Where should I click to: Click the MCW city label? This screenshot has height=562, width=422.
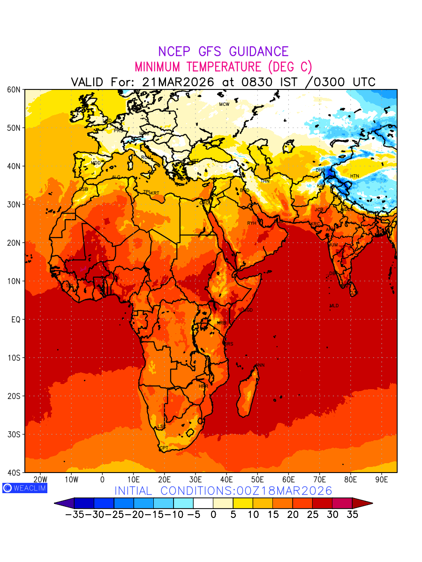[x=224, y=104]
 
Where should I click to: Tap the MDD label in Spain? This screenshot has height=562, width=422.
[x=96, y=163]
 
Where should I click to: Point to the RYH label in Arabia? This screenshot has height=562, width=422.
[x=252, y=223]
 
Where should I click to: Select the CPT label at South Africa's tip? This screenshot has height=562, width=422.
[x=164, y=448]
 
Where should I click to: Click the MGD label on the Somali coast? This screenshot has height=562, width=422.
[x=248, y=310]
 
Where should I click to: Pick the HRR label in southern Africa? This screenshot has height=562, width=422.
[x=203, y=386]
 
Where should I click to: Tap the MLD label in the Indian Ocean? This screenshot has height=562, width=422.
[x=334, y=306]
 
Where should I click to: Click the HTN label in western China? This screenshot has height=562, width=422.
[x=354, y=176]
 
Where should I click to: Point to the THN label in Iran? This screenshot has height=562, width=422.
[x=265, y=181]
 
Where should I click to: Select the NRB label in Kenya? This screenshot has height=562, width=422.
[x=221, y=323]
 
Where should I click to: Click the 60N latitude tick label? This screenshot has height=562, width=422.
[x=14, y=89]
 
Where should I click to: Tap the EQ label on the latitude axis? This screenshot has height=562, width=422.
[x=15, y=319]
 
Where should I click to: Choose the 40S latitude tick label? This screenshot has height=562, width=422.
[x=14, y=473]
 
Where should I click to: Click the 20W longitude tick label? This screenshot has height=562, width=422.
[x=40, y=480]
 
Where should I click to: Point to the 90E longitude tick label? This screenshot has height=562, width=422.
[x=382, y=480]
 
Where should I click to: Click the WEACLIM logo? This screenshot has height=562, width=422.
[x=24, y=488]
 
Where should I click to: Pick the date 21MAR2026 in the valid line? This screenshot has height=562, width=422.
[x=178, y=82]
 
